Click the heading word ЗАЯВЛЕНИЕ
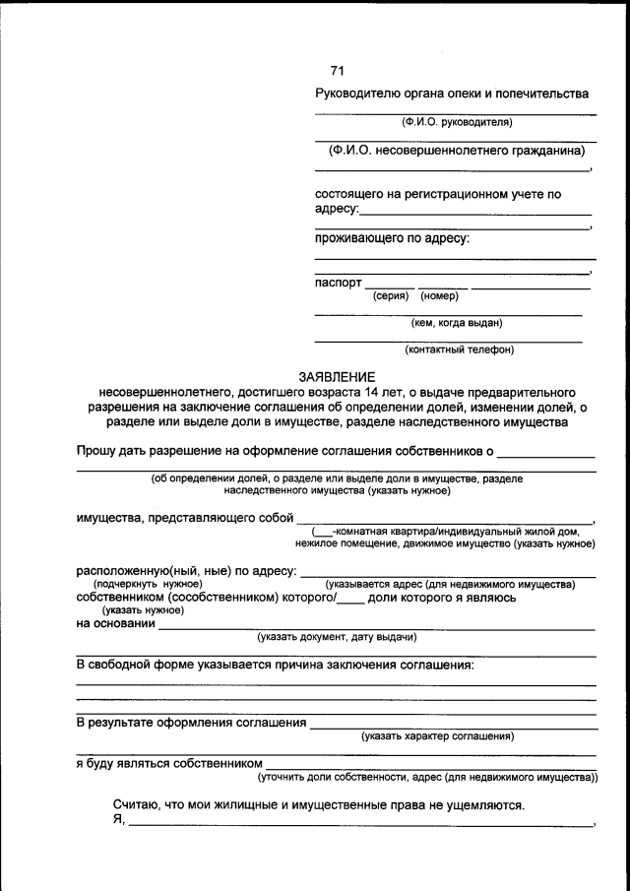[x=338, y=376]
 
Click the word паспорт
[x=339, y=283]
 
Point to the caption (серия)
[x=391, y=295]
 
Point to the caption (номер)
[x=438, y=295]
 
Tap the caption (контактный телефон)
[x=459, y=349]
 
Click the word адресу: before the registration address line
[x=337, y=210]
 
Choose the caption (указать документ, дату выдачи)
[x=338, y=636]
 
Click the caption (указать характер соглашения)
[x=438, y=735]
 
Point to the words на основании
[x=116, y=623]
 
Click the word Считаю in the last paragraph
[x=136, y=805]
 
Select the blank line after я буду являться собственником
[x=431, y=764]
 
